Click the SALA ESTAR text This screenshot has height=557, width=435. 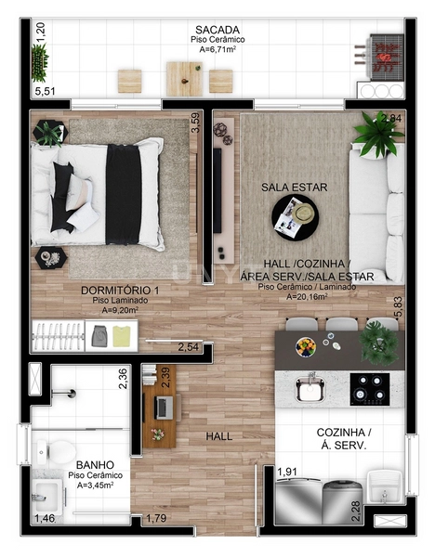[x=294, y=188]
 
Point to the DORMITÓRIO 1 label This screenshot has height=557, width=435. [x=120, y=290]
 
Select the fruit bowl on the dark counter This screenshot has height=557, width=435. [x=306, y=347]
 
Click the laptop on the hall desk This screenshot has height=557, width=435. [x=163, y=407]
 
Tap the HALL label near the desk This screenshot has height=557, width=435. [x=219, y=435]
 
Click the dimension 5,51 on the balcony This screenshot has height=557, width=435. [x=45, y=92]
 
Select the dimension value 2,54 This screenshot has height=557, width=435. [x=189, y=348]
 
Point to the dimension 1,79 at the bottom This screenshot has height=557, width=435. [x=156, y=518]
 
